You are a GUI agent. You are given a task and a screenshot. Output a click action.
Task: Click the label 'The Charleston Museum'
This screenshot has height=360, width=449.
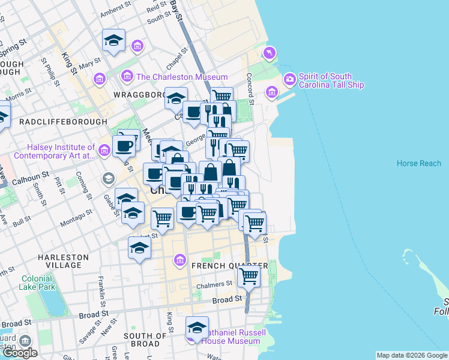click(182, 77)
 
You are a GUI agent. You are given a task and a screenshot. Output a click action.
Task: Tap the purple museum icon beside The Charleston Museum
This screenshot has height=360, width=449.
click(127, 77)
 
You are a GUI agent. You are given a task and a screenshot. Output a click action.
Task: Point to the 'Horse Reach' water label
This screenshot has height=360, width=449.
click(418, 164)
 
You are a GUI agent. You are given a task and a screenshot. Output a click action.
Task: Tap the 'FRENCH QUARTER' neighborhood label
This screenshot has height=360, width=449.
click(229, 266)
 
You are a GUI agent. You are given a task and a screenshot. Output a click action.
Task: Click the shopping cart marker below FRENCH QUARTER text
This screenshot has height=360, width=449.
click(248, 277)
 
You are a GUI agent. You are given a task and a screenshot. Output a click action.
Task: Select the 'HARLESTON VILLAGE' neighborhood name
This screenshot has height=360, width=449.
click(63, 261)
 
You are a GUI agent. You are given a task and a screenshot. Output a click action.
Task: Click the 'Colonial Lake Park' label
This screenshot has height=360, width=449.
click(38, 283)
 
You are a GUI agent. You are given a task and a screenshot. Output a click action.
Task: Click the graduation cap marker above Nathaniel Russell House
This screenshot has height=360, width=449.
click(196, 328)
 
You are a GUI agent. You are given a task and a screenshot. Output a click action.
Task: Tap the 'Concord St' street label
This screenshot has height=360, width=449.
click(251, 87)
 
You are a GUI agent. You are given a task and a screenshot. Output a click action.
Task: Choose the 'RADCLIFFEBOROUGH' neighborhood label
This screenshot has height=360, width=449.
click(58, 121)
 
